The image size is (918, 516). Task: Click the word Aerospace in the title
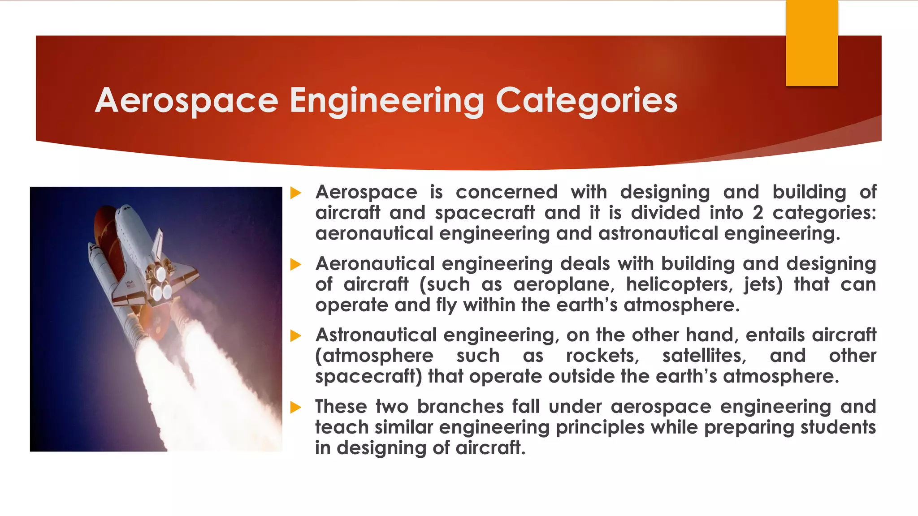pos(186,100)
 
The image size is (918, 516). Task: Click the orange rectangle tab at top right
pos(812,43)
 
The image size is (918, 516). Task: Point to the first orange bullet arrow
pos(295,193)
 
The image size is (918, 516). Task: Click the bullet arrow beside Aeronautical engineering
pos(295,264)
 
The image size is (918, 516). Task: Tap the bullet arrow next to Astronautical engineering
pos(295,335)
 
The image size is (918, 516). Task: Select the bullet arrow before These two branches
pos(295,407)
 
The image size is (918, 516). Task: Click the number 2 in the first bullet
pos(758,213)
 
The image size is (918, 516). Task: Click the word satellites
pos(704,356)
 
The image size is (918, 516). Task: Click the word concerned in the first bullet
pos(507,192)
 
